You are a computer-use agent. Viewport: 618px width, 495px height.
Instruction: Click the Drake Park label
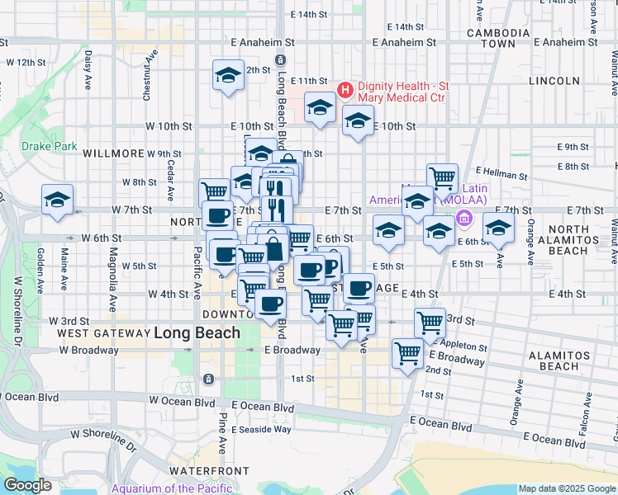[x=49, y=147]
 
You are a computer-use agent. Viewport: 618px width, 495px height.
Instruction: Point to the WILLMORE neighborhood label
[x=114, y=153]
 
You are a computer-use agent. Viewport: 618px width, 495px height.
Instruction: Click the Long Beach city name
[x=197, y=333]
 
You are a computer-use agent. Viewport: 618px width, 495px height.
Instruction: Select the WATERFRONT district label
[x=209, y=470]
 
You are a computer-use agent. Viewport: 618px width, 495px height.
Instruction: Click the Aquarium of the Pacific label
[x=172, y=488]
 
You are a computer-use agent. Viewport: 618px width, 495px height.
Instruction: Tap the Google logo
[x=27, y=485]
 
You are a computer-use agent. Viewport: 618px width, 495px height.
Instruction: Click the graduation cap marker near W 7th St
[x=58, y=200]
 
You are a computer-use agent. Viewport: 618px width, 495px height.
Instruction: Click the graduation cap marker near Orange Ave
[x=498, y=229]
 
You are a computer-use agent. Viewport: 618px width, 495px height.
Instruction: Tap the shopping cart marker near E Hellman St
[x=443, y=177]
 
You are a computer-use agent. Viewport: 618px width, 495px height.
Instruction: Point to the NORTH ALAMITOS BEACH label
[x=569, y=239]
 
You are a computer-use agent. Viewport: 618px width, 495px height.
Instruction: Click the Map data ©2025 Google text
[x=567, y=488]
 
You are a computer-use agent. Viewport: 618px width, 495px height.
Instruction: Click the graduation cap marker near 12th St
[x=228, y=76]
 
